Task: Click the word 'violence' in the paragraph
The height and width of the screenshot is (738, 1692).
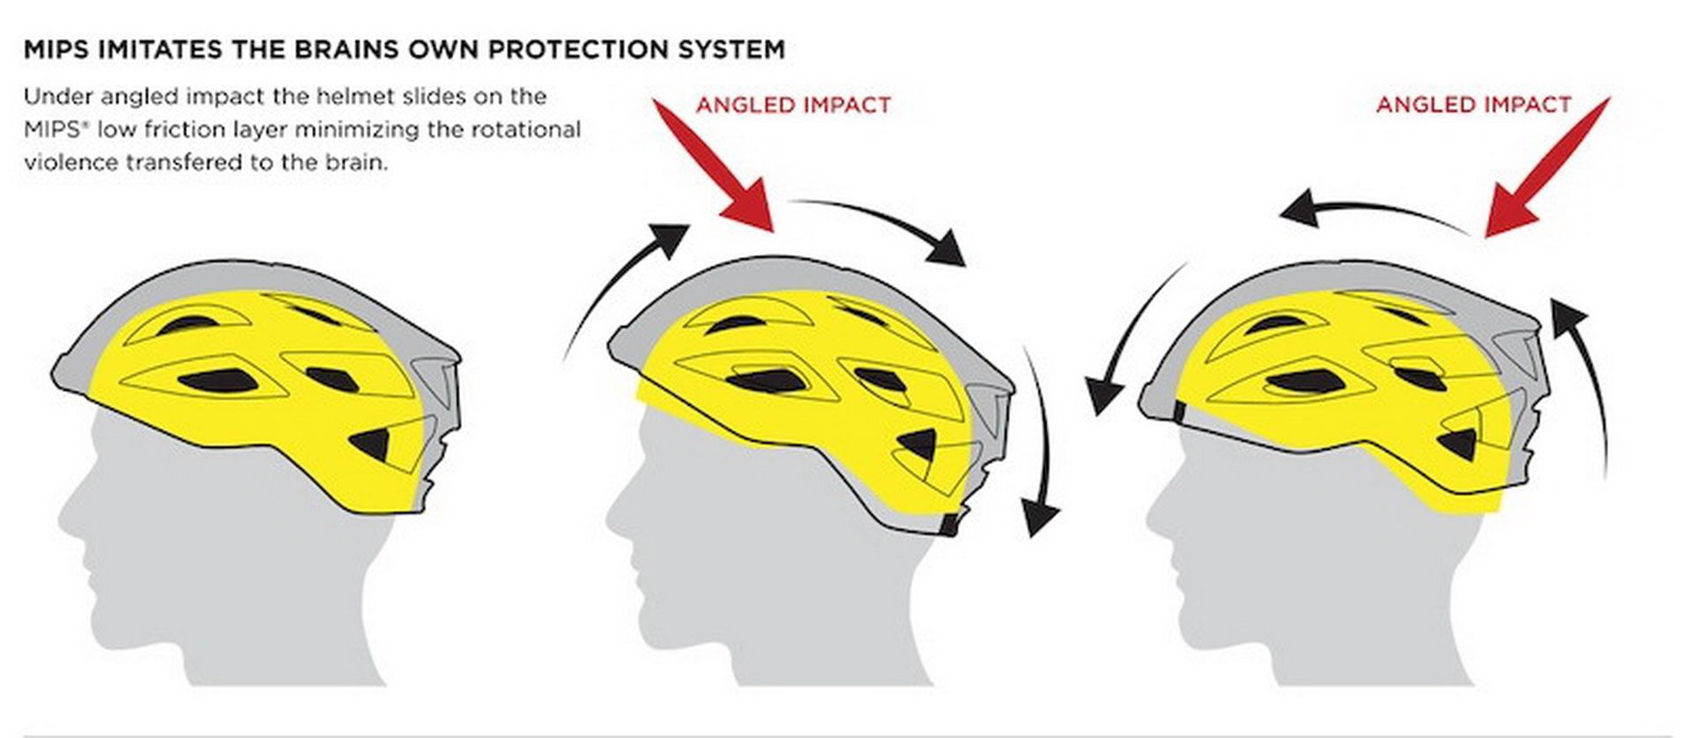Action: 72,163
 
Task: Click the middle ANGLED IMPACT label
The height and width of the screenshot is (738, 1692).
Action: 793,106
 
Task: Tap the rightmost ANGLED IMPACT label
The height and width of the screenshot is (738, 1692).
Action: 1473,105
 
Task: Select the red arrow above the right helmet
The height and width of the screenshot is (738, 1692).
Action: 1547,166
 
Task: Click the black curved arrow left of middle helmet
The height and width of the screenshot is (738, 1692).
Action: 617,282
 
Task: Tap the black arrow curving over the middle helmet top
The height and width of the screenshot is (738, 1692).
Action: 881,220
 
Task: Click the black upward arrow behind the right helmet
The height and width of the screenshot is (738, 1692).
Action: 1582,387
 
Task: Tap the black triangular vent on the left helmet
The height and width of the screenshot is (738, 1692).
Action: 371,444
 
